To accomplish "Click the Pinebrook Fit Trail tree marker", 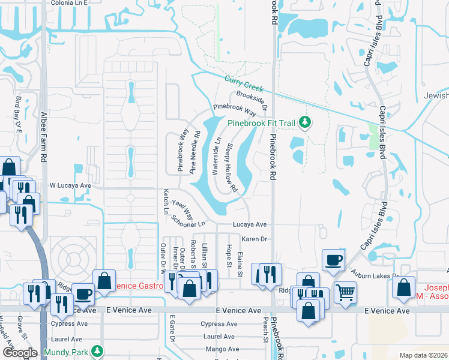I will [x=306, y=123].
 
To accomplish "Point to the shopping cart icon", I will [x=345, y=293].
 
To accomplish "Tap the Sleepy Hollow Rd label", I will [x=231, y=169].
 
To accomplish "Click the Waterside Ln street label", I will [x=217, y=157].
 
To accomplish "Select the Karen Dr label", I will [x=254, y=239].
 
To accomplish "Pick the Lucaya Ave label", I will [x=250, y=224].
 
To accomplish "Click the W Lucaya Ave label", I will [x=70, y=186].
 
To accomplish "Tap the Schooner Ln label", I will [x=188, y=221].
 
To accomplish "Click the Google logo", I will [x=19, y=353].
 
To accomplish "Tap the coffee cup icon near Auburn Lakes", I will [x=333, y=260].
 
